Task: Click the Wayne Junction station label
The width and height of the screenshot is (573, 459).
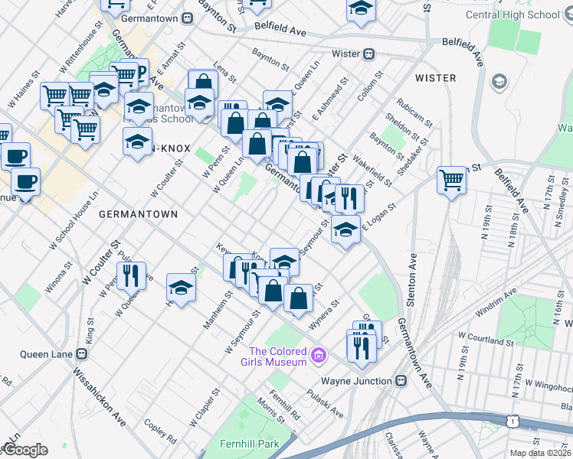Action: click(x=357, y=380)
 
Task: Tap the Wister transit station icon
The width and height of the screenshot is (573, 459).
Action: click(x=368, y=54)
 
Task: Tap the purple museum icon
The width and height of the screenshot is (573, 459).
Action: click(x=319, y=356)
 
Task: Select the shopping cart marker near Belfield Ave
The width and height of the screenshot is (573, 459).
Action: click(x=452, y=181)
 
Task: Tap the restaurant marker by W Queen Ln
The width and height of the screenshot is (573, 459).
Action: click(x=130, y=275)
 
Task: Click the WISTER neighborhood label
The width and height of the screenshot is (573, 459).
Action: click(x=435, y=78)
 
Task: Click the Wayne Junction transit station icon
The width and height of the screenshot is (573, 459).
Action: click(x=401, y=380)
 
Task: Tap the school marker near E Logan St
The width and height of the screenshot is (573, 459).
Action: click(x=345, y=229)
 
